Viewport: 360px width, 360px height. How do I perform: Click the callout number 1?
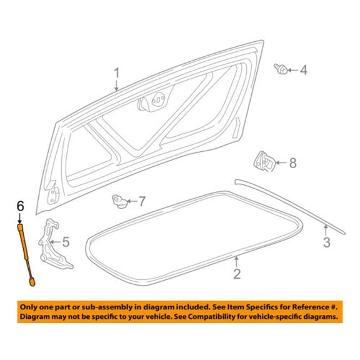pyautogui.click(x=117, y=73)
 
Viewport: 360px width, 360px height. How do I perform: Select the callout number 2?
pyautogui.click(x=237, y=274)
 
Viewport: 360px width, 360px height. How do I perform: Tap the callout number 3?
pyautogui.click(x=327, y=242)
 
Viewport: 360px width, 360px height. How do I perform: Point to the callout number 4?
pyautogui.click(x=304, y=70)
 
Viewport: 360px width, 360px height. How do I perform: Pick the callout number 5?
pyautogui.click(x=66, y=242)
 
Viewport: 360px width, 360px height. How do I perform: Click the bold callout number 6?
pyautogui.click(x=21, y=206)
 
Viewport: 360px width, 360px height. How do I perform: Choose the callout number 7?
pyautogui.click(x=142, y=202)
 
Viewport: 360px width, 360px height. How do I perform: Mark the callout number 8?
pyautogui.click(x=292, y=163)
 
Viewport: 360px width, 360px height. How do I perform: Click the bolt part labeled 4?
pyautogui.click(x=281, y=69)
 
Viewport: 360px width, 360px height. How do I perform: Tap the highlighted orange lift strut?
pyautogui.click(x=26, y=255)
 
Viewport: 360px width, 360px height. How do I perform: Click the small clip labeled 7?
pyautogui.click(x=119, y=202)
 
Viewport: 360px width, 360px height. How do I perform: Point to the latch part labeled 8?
pyautogui.click(x=264, y=162)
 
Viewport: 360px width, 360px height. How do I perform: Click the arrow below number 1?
pyautogui.click(x=117, y=86)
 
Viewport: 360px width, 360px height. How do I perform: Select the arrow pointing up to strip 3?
pyautogui.click(x=326, y=230)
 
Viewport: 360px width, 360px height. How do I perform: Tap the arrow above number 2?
pyautogui.click(x=236, y=261)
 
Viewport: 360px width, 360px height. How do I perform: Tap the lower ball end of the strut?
pyautogui.click(x=32, y=282)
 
